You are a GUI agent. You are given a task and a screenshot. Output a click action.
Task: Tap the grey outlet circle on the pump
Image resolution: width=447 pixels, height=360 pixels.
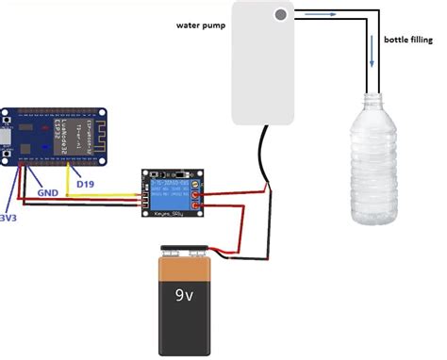point(282,15)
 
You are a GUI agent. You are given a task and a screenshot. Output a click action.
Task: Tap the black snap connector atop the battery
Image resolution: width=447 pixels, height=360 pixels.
point(185,251)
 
